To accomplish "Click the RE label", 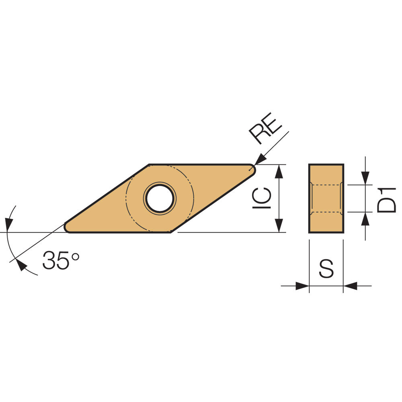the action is (x=266, y=128).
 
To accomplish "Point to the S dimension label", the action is (x=326, y=269).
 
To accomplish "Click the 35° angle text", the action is (x=61, y=260).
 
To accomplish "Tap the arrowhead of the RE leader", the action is (x=260, y=159).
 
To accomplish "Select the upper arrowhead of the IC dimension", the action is (x=279, y=171).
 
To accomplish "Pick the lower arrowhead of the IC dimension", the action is (x=279, y=226).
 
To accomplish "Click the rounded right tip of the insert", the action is (x=252, y=170).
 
